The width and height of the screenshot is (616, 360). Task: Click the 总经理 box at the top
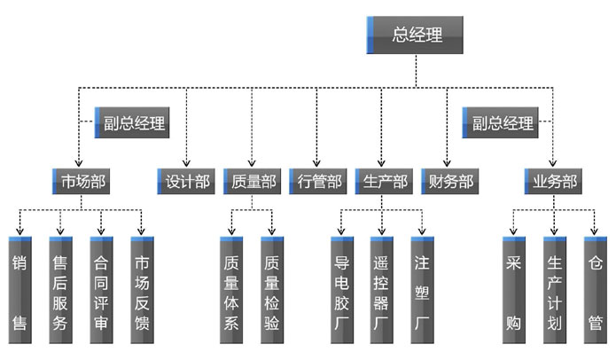[x=416, y=35]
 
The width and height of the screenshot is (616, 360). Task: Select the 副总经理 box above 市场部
[x=130, y=123]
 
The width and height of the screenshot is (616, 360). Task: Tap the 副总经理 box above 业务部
[x=500, y=123]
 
